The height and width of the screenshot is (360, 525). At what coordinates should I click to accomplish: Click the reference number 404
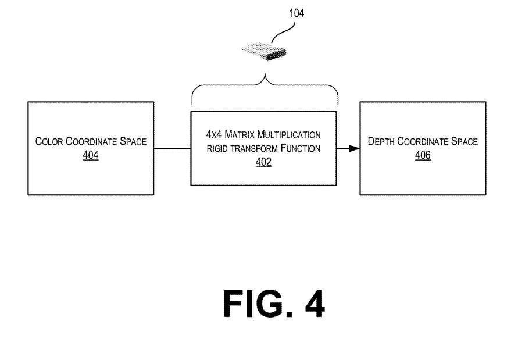coord(91,156)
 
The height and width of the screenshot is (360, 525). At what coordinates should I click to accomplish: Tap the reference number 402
coord(263,162)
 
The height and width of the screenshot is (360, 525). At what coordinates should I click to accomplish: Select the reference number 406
coord(423,156)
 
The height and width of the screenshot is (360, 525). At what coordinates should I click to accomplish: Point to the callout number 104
coord(296,12)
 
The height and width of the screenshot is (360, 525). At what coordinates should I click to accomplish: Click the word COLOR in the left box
coord(49,141)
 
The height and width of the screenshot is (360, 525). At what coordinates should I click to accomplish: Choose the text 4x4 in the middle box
coord(215,135)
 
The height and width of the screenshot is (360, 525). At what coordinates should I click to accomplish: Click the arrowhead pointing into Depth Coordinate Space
coord(353,148)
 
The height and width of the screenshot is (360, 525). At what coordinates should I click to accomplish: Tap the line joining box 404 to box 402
coord(173,148)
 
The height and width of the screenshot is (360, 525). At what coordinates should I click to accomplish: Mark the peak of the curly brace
coord(265,77)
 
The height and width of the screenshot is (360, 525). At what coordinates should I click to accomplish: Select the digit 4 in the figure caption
coord(313,304)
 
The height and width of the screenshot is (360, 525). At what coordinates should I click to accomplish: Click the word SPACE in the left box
coord(133,141)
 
